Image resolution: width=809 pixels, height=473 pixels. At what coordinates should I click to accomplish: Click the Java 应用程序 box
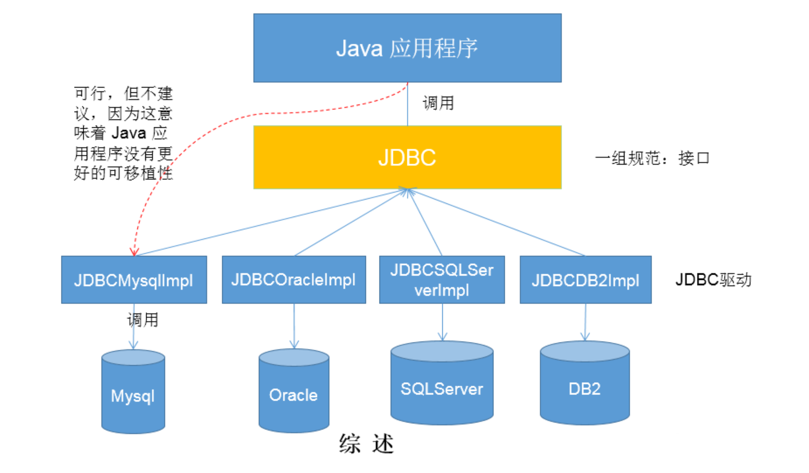click(x=407, y=48)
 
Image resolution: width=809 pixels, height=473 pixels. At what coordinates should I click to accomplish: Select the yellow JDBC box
click(x=407, y=157)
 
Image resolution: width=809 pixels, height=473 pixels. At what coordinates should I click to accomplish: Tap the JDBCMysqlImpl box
click(x=134, y=280)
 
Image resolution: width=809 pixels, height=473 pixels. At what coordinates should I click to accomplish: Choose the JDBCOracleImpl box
click(x=294, y=280)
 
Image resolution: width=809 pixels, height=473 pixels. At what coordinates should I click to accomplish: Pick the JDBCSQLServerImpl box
click(x=442, y=280)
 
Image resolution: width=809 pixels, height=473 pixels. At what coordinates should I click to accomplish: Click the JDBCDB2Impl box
click(x=586, y=280)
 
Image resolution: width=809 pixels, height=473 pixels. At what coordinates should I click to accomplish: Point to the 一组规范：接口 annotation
click(x=652, y=158)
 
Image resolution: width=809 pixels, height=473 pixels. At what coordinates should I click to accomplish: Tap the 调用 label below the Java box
click(x=438, y=103)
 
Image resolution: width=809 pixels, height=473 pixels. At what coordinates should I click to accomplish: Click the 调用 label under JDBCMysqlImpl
click(x=143, y=320)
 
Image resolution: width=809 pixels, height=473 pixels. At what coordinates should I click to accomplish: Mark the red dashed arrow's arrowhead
click(x=134, y=252)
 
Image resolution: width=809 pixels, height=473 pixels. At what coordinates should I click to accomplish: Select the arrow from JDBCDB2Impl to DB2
click(x=585, y=322)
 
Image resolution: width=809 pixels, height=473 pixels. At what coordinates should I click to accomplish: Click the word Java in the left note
click(x=129, y=133)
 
